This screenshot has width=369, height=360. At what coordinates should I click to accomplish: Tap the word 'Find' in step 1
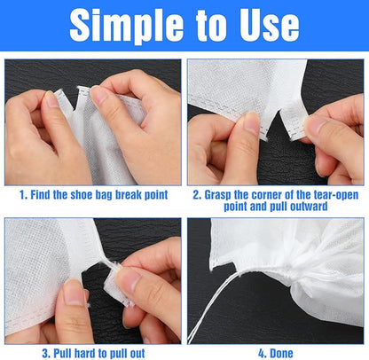point(44,192)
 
